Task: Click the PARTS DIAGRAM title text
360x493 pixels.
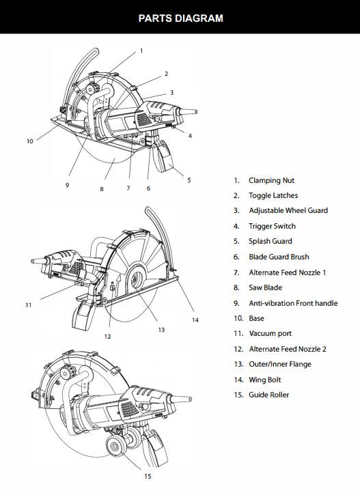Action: tap(180, 18)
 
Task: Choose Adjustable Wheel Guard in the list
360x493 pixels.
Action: tap(288, 211)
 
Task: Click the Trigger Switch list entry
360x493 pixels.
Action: tap(272, 226)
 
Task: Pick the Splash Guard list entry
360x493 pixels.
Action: tap(270, 241)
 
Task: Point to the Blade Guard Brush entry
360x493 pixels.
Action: tap(279, 257)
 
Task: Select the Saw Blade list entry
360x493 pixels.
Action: tap(265, 287)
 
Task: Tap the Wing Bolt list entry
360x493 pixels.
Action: tap(264, 380)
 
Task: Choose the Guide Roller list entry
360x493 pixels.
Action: tap(268, 395)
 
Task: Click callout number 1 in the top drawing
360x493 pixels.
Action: tap(141, 51)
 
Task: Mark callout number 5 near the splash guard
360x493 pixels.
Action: tap(189, 180)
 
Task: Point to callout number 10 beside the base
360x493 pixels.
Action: tap(29, 141)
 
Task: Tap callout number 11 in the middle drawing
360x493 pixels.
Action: tap(28, 305)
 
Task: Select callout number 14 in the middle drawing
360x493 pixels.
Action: tap(195, 320)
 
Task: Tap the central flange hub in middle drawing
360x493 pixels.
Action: tap(135, 277)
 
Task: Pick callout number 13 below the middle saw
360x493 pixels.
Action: tap(161, 329)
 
